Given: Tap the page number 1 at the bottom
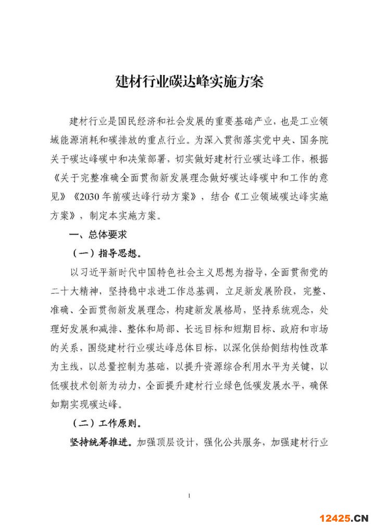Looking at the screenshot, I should click(189, 495).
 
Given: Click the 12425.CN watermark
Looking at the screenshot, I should click(344, 518).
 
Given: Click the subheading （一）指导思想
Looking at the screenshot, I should click(106, 254).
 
